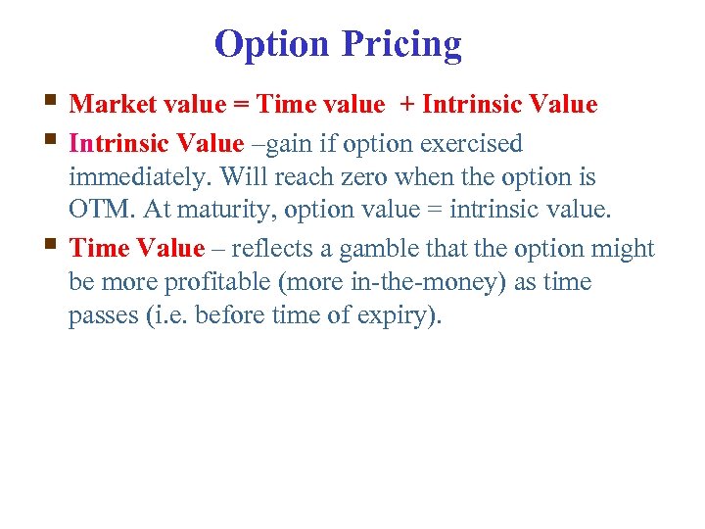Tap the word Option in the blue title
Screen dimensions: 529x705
coord(272,44)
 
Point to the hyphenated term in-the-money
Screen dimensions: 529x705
coord(408,282)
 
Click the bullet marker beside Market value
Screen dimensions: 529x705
coord(51,101)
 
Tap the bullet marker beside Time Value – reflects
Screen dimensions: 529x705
coord(51,245)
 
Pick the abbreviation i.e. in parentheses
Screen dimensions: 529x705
coord(169,316)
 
